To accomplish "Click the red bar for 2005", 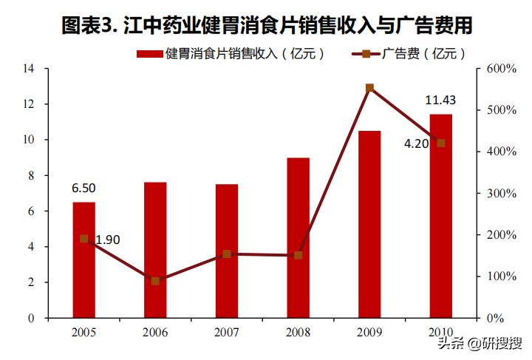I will (83, 259).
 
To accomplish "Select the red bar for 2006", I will (155, 250).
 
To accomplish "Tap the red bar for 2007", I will (227, 251).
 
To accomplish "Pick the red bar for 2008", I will (299, 237).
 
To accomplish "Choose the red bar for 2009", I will (369, 224).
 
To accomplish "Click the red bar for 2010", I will (441, 216).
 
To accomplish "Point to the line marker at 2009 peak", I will (369, 88).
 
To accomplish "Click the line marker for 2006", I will (155, 281).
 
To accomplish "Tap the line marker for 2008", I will (299, 255).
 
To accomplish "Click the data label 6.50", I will (83, 189).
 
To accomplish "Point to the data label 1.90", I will (107, 239).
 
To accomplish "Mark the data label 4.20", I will (416, 143).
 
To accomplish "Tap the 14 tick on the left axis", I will (29, 69).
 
